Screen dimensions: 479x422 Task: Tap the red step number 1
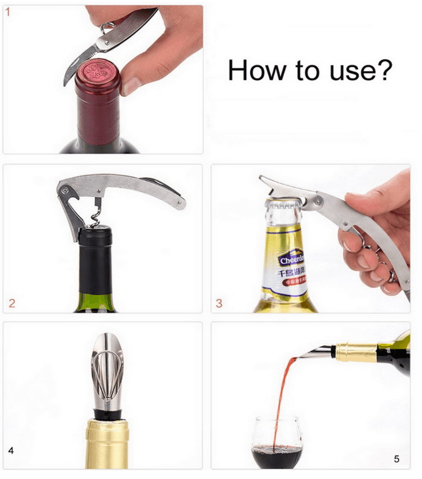click(9, 12)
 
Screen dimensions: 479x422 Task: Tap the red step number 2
click(11, 303)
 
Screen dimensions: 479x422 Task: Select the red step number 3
click(219, 303)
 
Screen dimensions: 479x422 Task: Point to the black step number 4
click(11, 451)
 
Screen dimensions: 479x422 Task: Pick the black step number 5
click(396, 458)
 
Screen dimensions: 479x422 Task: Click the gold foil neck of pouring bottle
click(357, 352)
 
